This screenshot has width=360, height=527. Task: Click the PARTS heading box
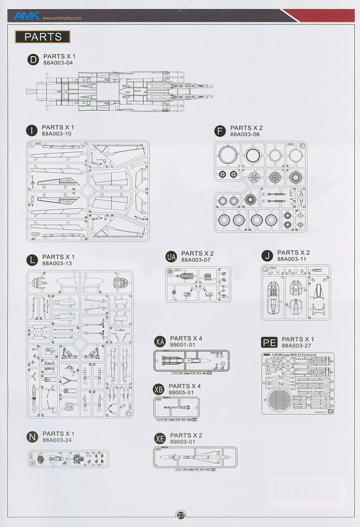pos(43,37)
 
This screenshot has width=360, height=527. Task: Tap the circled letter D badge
pos(33,60)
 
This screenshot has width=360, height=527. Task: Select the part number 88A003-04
pos(58,63)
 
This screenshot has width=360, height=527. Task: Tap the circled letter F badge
pos(220,131)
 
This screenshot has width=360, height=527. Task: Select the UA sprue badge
pos(171,257)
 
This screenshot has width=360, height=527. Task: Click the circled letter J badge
pos(268,256)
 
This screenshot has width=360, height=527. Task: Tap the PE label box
pos(270,342)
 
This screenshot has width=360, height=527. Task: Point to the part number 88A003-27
pos(298,346)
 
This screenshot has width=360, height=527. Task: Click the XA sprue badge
pos(160,341)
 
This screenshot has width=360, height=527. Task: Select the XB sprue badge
pos(159,389)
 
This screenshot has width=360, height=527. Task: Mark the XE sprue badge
pos(160,439)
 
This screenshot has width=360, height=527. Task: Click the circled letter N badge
pos(32,437)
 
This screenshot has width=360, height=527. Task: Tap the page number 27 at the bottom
pos(181,516)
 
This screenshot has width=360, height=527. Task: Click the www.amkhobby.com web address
pos(62,18)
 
